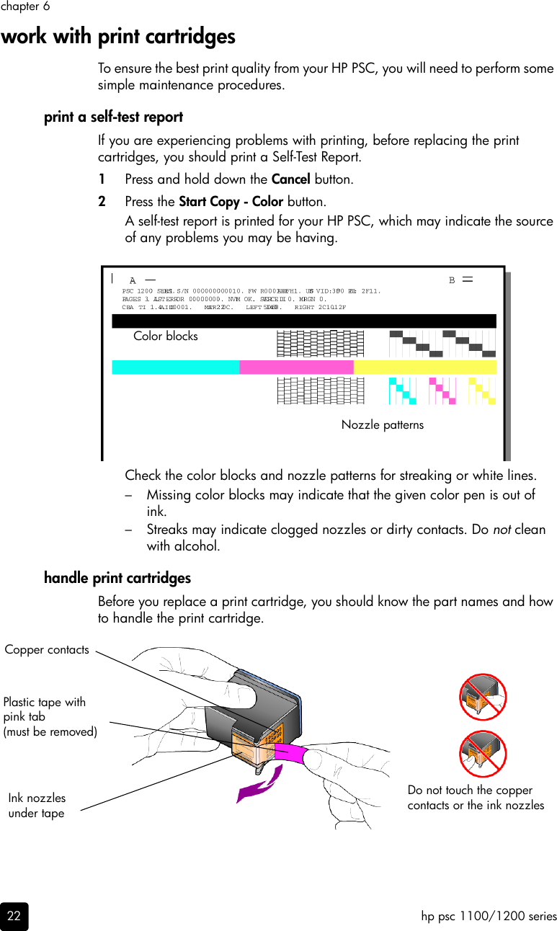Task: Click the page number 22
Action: [x=14, y=917]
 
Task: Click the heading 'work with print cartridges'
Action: [x=118, y=36]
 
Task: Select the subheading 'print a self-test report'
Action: [x=113, y=117]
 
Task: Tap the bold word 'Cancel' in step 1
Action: [x=290, y=179]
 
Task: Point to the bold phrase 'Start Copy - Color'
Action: [x=231, y=201]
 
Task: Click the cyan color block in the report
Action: [x=175, y=367]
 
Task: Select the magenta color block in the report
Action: [x=296, y=367]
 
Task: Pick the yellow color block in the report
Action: [x=424, y=367]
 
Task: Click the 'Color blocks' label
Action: [x=165, y=336]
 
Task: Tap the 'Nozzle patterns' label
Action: [x=382, y=424]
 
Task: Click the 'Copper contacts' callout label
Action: [x=47, y=649]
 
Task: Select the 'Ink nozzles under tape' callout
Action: [x=37, y=806]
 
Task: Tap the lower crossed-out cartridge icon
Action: [x=483, y=754]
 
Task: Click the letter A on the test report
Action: [x=133, y=280]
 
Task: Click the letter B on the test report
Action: [x=452, y=280]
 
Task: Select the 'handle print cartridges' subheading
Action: [x=117, y=578]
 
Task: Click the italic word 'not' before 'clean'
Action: [x=502, y=530]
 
